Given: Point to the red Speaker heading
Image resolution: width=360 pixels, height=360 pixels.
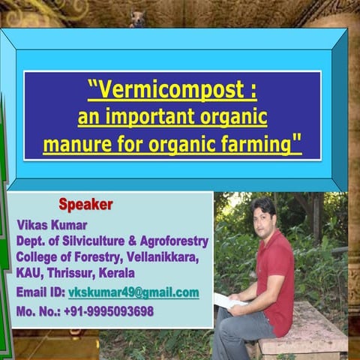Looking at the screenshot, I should click(x=85, y=204).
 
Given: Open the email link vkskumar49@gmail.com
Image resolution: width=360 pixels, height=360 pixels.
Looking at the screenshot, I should click(x=133, y=292).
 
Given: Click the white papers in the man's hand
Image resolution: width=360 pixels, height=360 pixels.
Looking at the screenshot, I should click(x=227, y=301).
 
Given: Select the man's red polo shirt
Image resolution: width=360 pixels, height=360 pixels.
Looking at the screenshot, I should click(x=276, y=274).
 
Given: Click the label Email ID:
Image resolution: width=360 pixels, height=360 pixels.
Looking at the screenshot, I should click(x=40, y=292).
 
